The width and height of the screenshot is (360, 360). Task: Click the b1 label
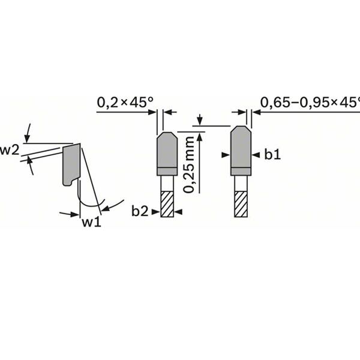tap(273, 155)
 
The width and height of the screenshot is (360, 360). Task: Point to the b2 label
tap(140, 211)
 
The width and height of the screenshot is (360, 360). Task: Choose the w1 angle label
tap(91, 223)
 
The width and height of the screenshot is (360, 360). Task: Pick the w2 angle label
tap(9, 150)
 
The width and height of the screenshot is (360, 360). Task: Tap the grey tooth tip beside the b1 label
tap(241, 150)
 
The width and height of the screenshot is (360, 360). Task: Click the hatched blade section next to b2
tap(167, 204)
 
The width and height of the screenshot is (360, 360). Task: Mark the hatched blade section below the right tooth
tap(241, 204)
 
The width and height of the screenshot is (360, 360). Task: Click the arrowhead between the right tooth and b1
tap(255, 155)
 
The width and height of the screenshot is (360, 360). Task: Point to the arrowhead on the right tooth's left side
tap(226, 155)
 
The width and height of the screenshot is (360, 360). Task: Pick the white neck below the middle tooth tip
tap(167, 183)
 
